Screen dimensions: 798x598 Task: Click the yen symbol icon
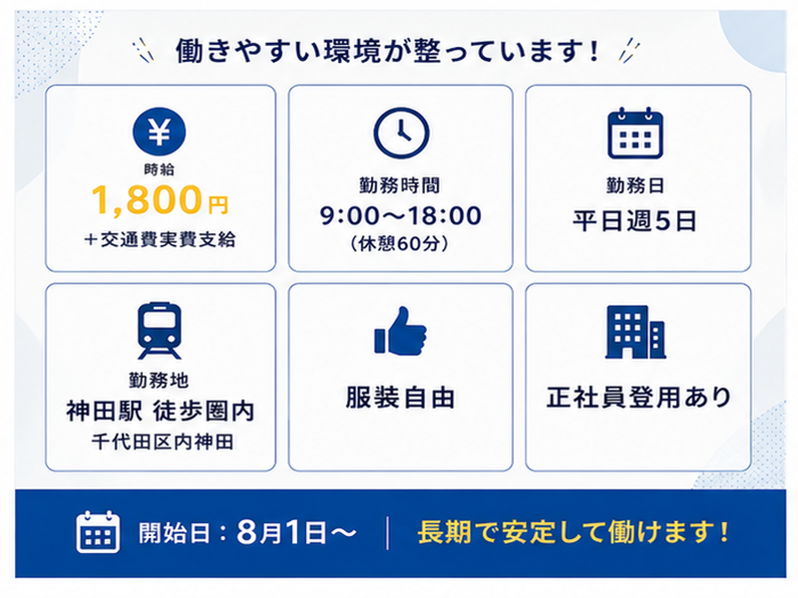(160, 132)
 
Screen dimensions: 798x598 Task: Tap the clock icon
(401, 133)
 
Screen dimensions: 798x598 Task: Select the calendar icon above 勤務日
(635, 134)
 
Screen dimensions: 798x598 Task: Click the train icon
(160, 331)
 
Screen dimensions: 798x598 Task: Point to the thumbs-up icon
(400, 331)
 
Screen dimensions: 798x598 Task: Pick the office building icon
(635, 332)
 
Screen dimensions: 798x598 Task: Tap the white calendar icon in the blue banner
(98, 532)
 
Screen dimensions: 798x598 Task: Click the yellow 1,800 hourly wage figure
(147, 199)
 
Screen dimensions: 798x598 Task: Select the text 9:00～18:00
(401, 215)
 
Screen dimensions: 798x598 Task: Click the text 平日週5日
(634, 220)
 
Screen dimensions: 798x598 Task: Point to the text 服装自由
(400, 397)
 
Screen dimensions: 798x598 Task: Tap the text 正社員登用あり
(638, 397)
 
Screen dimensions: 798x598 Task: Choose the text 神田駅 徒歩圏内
(160, 411)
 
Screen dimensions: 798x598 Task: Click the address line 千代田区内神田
(163, 442)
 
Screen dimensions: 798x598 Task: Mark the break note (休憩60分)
(400, 243)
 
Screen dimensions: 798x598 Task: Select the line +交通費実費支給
(160, 239)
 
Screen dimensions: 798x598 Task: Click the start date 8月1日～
(296, 532)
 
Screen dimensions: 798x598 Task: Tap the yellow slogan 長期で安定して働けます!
(574, 532)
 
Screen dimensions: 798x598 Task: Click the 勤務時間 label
(400, 185)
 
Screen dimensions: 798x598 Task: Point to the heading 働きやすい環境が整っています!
(387, 52)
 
